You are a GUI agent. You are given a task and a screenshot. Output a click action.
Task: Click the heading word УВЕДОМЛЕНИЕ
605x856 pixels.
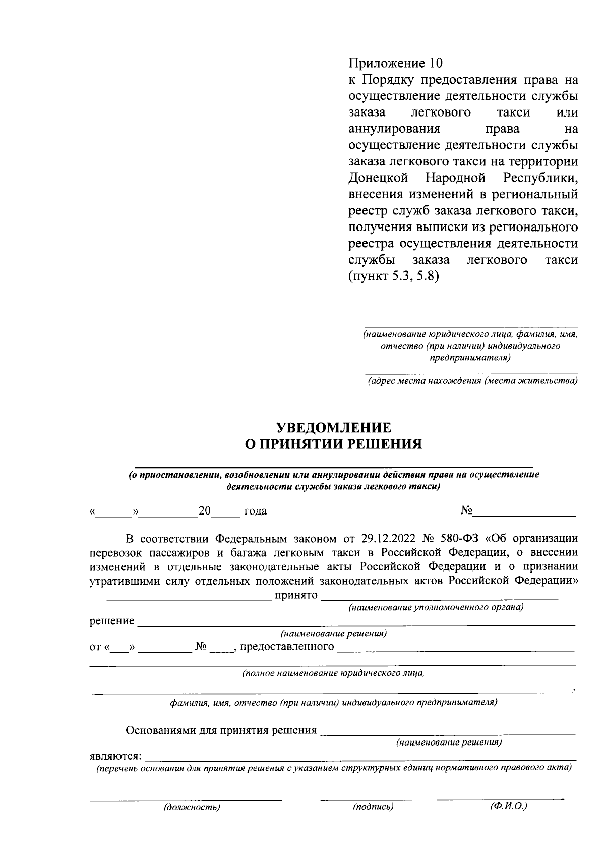[333, 428]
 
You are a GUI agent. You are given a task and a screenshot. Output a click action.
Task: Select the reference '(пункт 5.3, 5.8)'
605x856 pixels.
[394, 276]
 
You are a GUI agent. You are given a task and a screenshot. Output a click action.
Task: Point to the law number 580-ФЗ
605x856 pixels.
[459, 538]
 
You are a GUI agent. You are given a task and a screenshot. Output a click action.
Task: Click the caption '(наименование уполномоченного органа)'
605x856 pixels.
[436, 607]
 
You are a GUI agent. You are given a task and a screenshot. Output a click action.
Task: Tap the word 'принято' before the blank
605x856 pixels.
[296, 596]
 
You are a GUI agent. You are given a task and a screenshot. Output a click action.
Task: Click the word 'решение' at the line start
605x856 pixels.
[112, 621]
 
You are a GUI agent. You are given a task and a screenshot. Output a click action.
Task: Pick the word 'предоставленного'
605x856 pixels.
[287, 647]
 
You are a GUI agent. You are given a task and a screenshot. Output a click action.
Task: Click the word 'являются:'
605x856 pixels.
[116, 757]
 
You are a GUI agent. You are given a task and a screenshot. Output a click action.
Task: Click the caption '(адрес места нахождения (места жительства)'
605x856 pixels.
[472, 381]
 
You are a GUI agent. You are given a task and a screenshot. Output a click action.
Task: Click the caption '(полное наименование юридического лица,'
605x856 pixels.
[333, 673]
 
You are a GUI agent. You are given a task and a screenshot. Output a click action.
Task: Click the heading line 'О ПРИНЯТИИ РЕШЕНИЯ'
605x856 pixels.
[333, 444]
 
